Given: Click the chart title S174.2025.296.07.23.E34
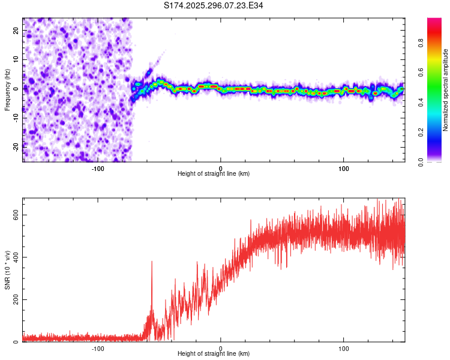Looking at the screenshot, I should [x=214, y=5].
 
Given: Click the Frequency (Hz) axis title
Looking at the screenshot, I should [x=7, y=88].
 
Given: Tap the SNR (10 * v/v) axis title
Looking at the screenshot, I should [x=7, y=270].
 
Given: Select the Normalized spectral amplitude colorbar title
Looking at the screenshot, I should [x=445, y=90].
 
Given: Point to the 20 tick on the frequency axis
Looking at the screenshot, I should [x=16, y=30].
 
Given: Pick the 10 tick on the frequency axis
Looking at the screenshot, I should [x=16, y=59].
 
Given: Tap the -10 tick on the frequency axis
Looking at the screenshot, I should [x=15, y=117].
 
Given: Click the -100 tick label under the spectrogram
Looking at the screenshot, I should [x=98, y=167].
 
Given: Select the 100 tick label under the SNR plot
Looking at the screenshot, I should [x=344, y=348].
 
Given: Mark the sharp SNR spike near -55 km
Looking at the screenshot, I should [x=152, y=262].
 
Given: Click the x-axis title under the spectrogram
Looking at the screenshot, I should [x=214, y=174].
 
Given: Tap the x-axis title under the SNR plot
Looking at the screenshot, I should [x=214, y=355].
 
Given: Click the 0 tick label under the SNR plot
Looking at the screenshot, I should [x=221, y=348].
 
